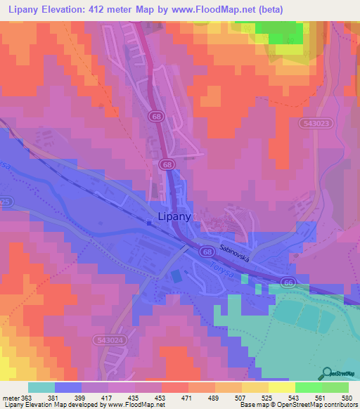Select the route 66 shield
[x=290, y=282]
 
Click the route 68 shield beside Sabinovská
[x=207, y=251]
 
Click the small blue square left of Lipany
[x=149, y=223]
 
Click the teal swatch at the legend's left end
[x=41, y=387]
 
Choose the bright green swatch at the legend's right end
[x=335, y=387]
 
